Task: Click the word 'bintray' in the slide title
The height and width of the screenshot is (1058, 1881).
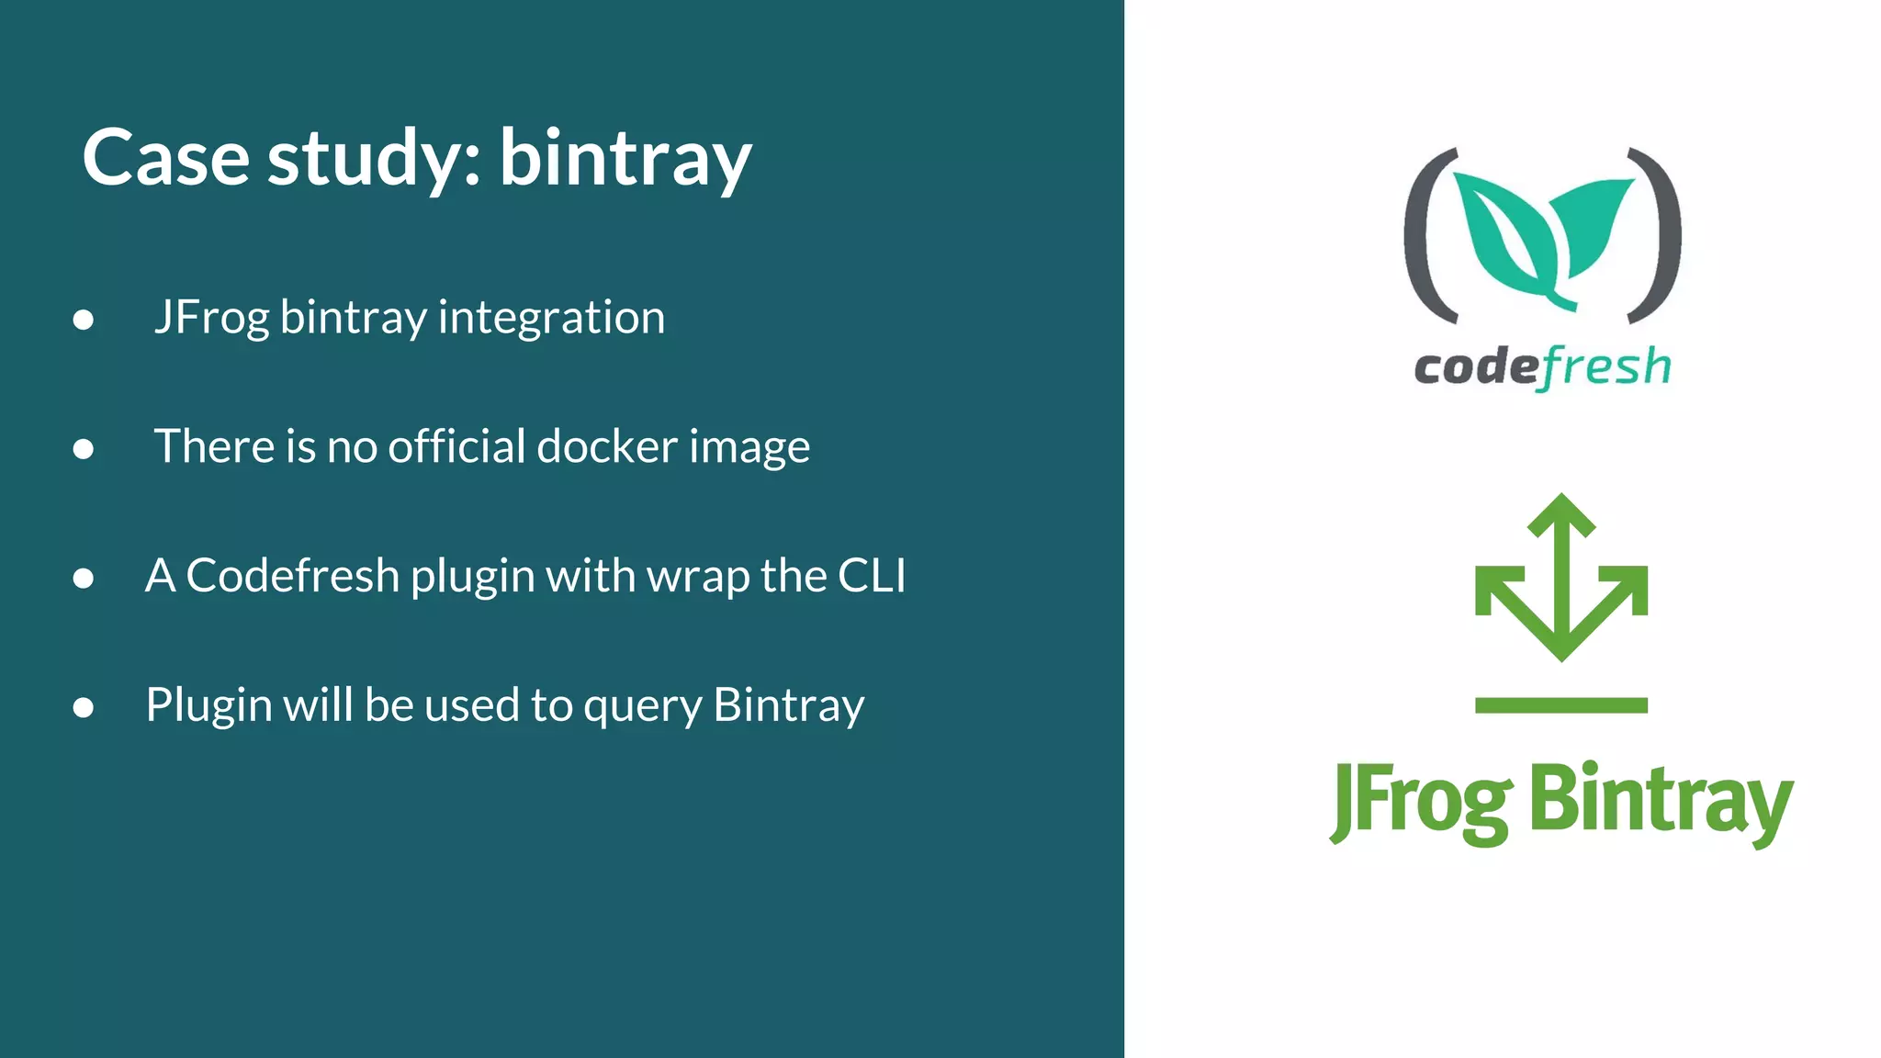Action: (x=625, y=158)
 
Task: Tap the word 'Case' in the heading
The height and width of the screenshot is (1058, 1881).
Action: (x=165, y=158)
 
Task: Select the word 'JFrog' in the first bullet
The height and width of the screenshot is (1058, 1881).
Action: (x=211, y=318)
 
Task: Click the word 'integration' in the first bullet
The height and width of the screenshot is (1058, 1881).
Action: (x=551, y=318)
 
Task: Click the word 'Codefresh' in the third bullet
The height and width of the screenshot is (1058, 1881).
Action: (x=293, y=576)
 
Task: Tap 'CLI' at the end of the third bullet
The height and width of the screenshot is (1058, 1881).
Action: (x=872, y=576)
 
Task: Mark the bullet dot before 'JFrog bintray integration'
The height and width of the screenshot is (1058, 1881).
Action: (x=84, y=320)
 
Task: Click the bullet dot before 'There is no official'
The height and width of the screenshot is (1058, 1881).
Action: (x=84, y=449)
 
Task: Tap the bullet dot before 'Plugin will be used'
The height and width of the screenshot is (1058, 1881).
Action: (x=84, y=707)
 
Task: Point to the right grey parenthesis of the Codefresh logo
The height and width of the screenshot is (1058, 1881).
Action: (x=1661, y=235)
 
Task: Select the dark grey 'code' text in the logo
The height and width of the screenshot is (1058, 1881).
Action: (x=1475, y=368)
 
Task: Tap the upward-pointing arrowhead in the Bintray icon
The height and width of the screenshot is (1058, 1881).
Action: (x=1561, y=515)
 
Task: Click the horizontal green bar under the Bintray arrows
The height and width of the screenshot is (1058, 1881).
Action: (x=1561, y=705)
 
